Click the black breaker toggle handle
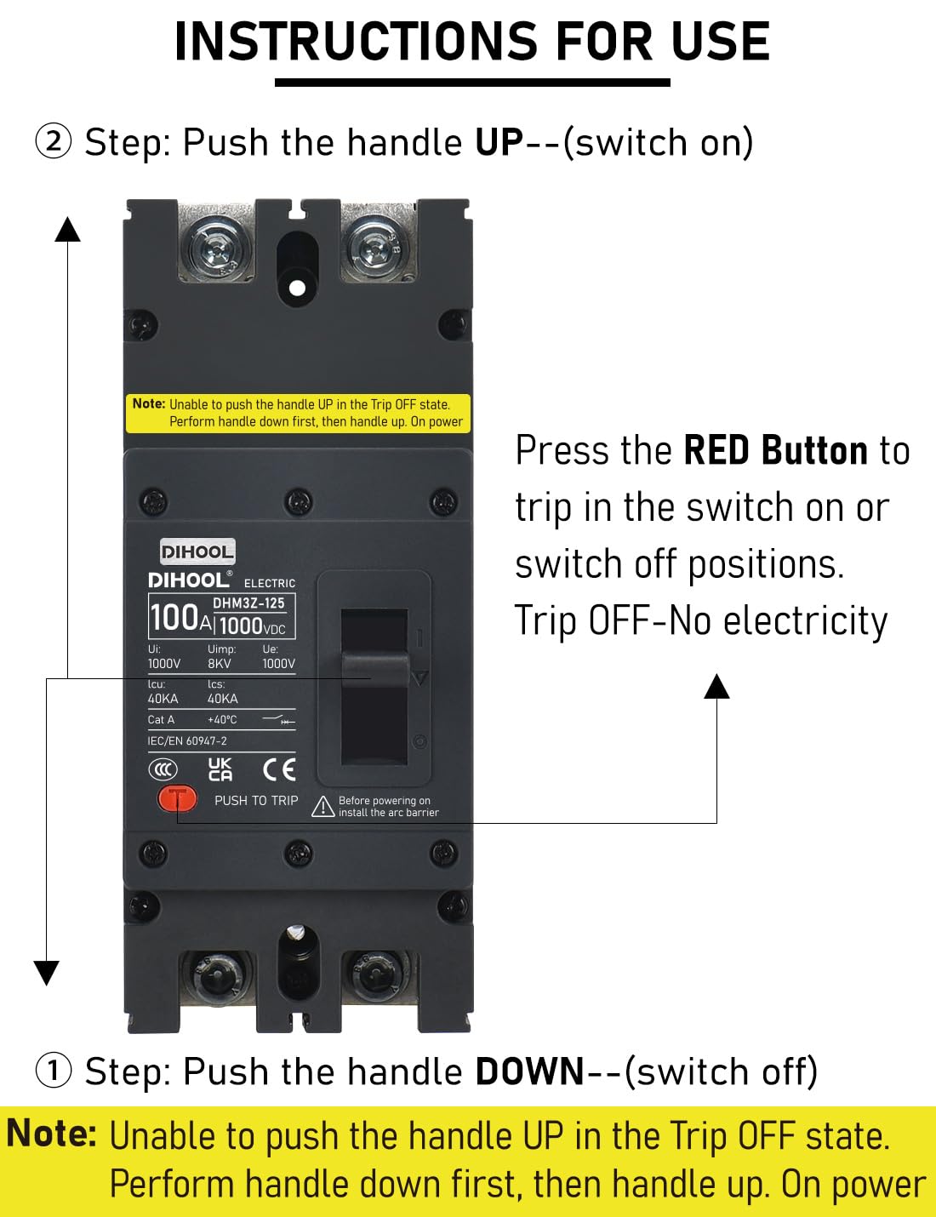[x=375, y=670]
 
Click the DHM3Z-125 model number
[x=248, y=603]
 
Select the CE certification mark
[x=279, y=769]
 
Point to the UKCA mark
[x=220, y=769]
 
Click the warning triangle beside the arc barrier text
[x=322, y=807]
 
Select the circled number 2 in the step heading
[x=53, y=141]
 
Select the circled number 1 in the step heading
[x=53, y=1070]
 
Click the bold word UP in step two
[x=499, y=142]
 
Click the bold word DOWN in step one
[x=529, y=1071]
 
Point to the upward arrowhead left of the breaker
[x=67, y=229]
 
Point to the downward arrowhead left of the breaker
[x=46, y=973]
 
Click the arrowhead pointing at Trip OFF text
[x=716, y=686]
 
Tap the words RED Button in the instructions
[x=774, y=450]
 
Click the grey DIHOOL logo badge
[x=197, y=551]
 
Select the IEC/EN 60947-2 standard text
[x=187, y=741]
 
